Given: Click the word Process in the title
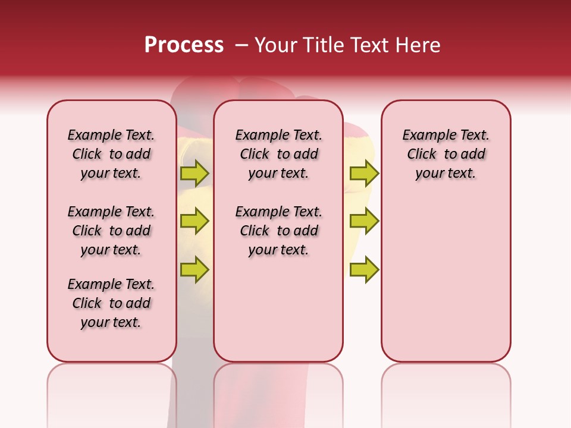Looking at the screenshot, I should click(x=184, y=45).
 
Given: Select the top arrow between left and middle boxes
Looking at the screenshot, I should click(x=194, y=173).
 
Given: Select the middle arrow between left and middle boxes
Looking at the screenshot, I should click(x=194, y=221).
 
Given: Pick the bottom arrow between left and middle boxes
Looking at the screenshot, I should click(x=194, y=269).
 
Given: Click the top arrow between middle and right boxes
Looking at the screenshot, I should click(x=364, y=173).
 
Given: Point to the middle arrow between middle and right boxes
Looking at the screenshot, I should click(x=364, y=221).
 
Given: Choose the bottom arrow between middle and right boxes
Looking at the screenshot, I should click(x=364, y=269).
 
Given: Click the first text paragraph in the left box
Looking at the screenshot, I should click(x=111, y=154).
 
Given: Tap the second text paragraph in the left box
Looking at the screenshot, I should click(x=111, y=231).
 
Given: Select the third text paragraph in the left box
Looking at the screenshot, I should click(x=111, y=303).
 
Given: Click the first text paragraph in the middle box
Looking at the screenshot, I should click(x=278, y=154).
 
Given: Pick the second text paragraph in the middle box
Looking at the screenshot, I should click(x=278, y=231).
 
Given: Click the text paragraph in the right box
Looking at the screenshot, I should click(x=445, y=154).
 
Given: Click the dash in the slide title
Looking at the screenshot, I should click(x=241, y=45).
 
